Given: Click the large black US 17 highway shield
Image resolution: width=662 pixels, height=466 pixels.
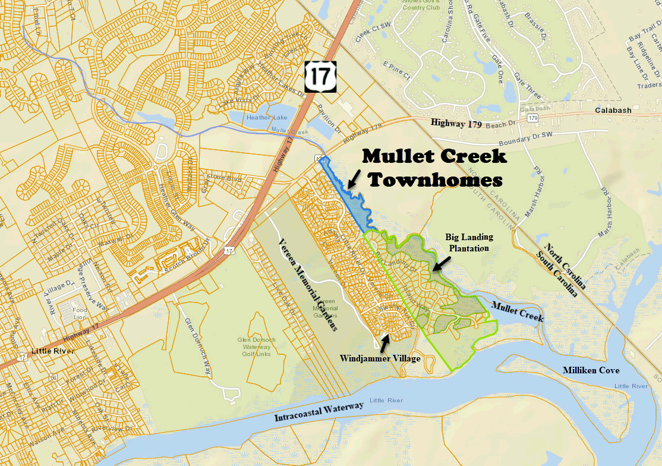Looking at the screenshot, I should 320,76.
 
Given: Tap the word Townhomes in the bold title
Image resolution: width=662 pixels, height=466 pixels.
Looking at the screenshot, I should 436,179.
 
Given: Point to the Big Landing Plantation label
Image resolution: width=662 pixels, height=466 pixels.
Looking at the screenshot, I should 469,243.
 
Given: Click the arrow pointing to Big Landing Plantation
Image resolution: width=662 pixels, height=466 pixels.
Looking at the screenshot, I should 440,264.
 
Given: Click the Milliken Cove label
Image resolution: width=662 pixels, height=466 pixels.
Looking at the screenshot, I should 591,370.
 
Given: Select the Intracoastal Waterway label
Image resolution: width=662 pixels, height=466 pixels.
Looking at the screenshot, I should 319,411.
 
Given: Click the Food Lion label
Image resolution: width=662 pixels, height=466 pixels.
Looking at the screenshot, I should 80,313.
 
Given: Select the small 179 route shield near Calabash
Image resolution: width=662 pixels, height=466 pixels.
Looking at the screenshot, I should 532,119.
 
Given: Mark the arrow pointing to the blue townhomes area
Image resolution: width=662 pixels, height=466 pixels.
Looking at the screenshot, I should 354,178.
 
